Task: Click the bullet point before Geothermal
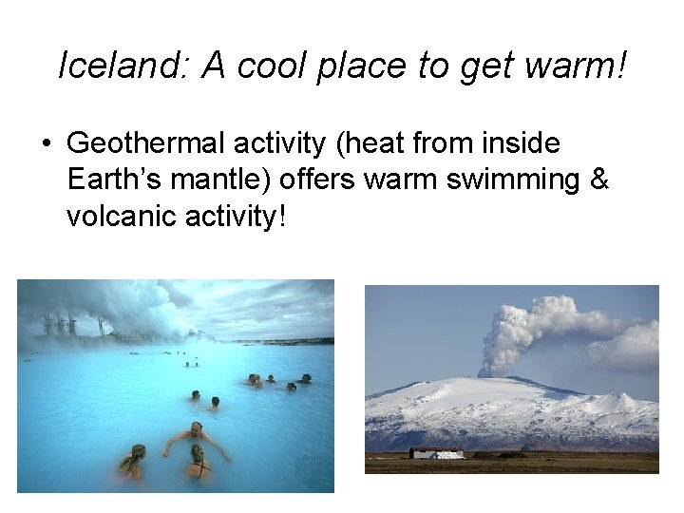pyautogui.click(x=45, y=144)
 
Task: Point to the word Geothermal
pyautogui.click(x=140, y=143)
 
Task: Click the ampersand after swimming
pyautogui.click(x=598, y=180)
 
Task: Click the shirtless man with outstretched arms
pyautogui.click(x=195, y=438)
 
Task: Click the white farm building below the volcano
pyautogui.click(x=438, y=453)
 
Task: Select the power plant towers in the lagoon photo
pyautogui.click(x=59, y=325)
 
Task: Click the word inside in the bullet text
pyautogui.click(x=520, y=143)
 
